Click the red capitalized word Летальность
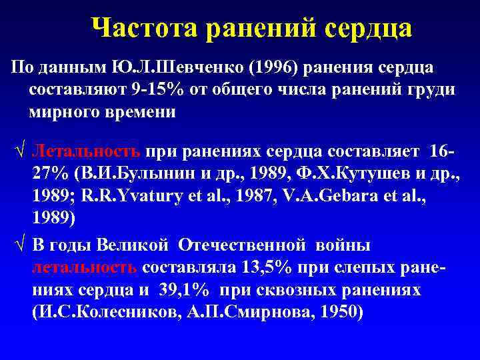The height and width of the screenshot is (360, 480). pos(86,152)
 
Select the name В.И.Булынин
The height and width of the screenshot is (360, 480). pos(137,174)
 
